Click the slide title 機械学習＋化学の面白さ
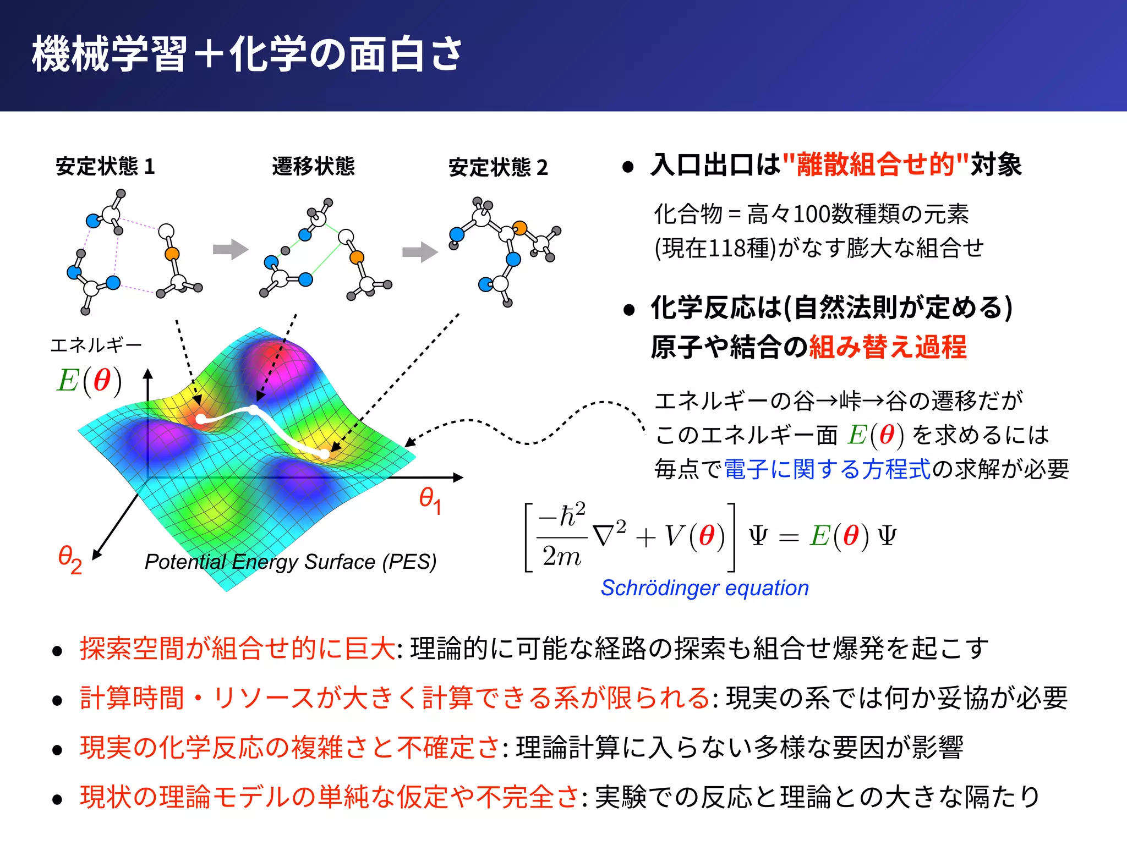[x=247, y=54]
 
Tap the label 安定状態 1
[x=105, y=166]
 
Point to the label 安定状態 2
[x=498, y=167]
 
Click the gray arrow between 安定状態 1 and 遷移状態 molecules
[x=230, y=249]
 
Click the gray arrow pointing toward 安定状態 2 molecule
[x=419, y=252]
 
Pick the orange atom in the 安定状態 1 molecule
[x=172, y=254]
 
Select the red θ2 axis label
[x=70, y=559]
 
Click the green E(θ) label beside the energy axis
[x=89, y=381]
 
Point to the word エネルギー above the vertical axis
[x=96, y=345]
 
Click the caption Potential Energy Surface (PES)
[x=290, y=562]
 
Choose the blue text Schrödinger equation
[x=704, y=588]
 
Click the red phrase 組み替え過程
[x=887, y=347]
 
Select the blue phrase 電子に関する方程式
[x=827, y=469]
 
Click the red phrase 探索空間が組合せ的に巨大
[x=237, y=649]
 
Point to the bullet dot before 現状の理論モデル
[x=57, y=799]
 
